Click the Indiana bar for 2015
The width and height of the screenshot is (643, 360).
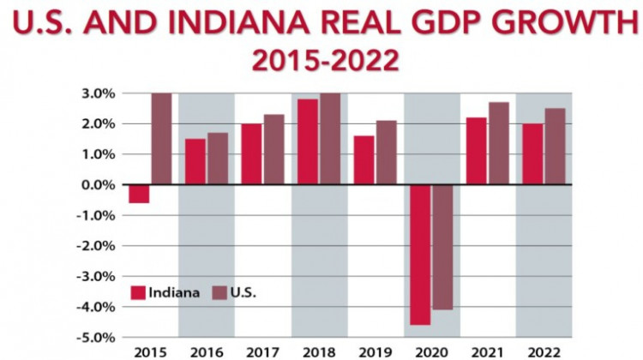(139, 194)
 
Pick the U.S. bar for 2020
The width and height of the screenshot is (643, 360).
(442, 247)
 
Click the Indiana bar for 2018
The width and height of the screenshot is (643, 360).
(307, 141)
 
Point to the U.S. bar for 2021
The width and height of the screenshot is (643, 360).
(499, 143)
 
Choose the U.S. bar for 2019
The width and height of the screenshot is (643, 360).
(386, 153)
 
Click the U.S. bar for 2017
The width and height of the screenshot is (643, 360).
(273, 149)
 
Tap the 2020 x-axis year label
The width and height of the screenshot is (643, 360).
(431, 351)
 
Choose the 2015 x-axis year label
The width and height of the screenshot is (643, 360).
(150, 351)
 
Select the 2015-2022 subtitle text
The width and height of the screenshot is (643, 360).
(320, 61)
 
